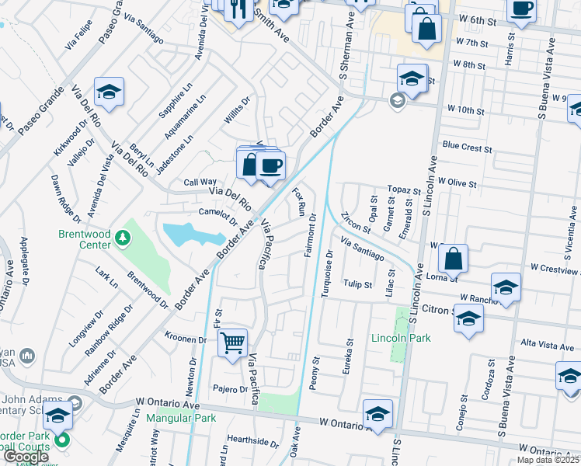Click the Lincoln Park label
tap(401, 337)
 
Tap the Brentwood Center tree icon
tap(121, 236)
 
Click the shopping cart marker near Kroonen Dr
tap(233, 342)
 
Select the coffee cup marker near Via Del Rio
tap(270, 166)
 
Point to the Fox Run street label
tap(297, 200)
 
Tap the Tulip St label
tap(358, 284)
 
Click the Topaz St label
tap(404, 190)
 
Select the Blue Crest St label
tap(467, 147)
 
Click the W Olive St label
tap(456, 181)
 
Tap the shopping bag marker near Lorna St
tap(453, 259)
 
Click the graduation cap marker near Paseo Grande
tap(110, 92)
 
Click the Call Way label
tap(200, 182)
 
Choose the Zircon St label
tap(355, 221)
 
